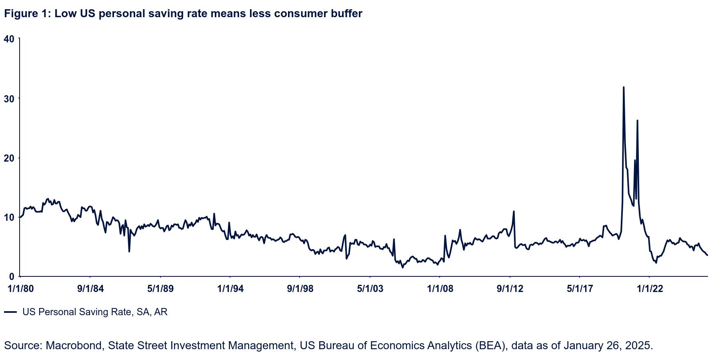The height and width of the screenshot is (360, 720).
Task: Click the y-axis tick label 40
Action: coord(9,39)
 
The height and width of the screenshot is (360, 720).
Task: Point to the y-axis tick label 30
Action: coord(9,98)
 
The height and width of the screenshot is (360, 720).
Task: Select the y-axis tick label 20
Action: coord(9,158)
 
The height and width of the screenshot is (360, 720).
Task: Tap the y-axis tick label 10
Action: coord(9,217)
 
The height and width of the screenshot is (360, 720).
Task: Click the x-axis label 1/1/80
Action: coord(20,289)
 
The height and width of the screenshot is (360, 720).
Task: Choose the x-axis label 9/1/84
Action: coord(90,289)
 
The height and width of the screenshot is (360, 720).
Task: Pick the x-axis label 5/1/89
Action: coord(160,289)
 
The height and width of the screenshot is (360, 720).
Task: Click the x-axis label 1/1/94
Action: coord(230,289)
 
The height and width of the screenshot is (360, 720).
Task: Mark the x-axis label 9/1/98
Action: coord(300,289)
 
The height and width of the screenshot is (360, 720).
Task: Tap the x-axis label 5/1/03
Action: coord(370,289)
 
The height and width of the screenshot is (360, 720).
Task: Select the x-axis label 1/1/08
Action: coord(440,289)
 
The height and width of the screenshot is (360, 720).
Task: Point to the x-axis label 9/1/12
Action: coord(510,289)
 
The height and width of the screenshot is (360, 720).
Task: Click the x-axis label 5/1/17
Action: coord(580,289)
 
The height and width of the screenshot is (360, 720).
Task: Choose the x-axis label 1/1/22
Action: coord(650,289)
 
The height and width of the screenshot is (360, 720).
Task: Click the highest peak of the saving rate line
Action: coord(624,87)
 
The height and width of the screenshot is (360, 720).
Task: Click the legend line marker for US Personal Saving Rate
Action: coord(11,312)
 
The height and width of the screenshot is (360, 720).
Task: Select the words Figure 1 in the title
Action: coord(26,14)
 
